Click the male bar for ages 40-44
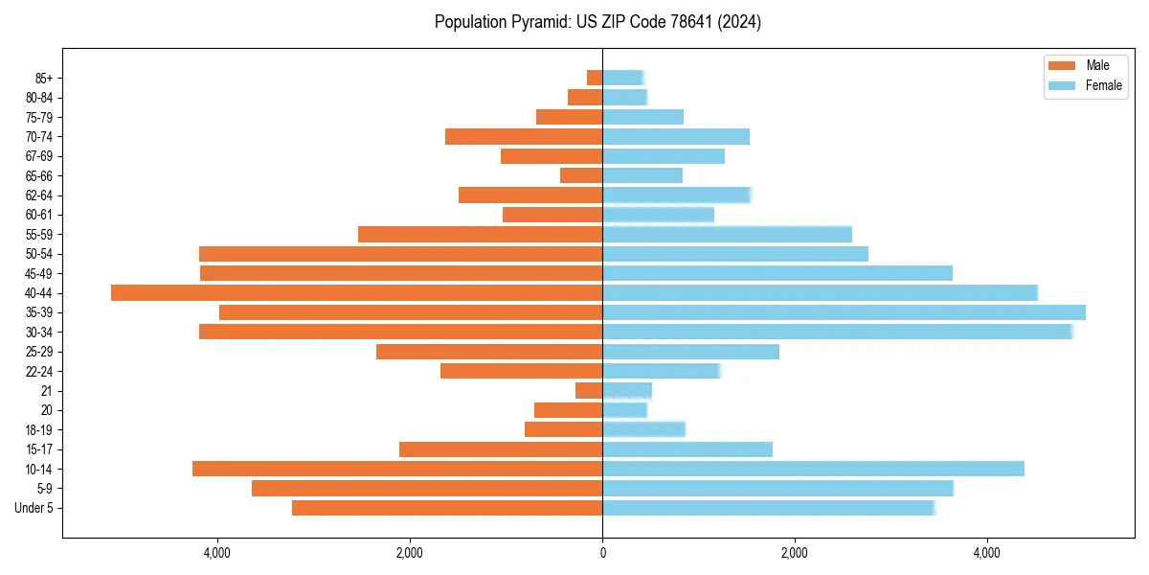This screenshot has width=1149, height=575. pos(356,292)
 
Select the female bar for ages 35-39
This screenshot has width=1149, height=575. pos(844,312)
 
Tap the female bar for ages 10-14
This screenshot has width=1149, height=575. pos(813,469)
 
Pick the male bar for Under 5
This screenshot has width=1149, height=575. pos(447,508)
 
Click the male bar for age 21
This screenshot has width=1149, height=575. pos(589,390)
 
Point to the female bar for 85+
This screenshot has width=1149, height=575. pos(622,78)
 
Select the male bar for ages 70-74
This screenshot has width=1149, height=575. pos(524,136)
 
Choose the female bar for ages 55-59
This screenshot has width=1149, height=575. pos(727,234)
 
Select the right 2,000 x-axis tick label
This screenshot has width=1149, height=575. pos(795,552)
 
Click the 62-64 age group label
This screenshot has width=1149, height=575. pos(38,195)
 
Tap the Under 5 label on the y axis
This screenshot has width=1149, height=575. pos(34,508)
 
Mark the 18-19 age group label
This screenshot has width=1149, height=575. pos(38,429)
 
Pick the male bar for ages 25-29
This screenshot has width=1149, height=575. pos(489,352)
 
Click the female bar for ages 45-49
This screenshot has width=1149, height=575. pos(777,273)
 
